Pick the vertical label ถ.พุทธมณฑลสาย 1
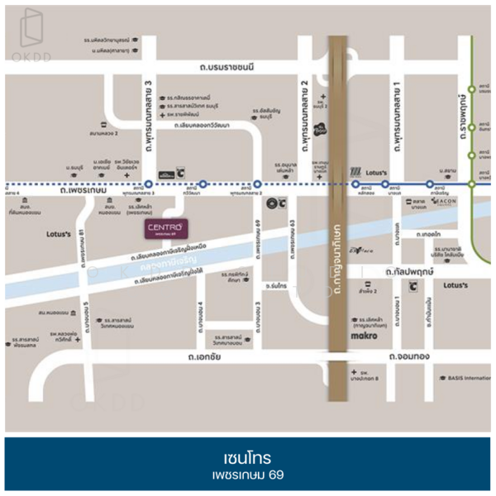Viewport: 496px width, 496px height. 398,116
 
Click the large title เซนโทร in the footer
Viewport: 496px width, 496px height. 247,456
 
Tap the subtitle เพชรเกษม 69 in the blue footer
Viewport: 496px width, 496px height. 247,477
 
